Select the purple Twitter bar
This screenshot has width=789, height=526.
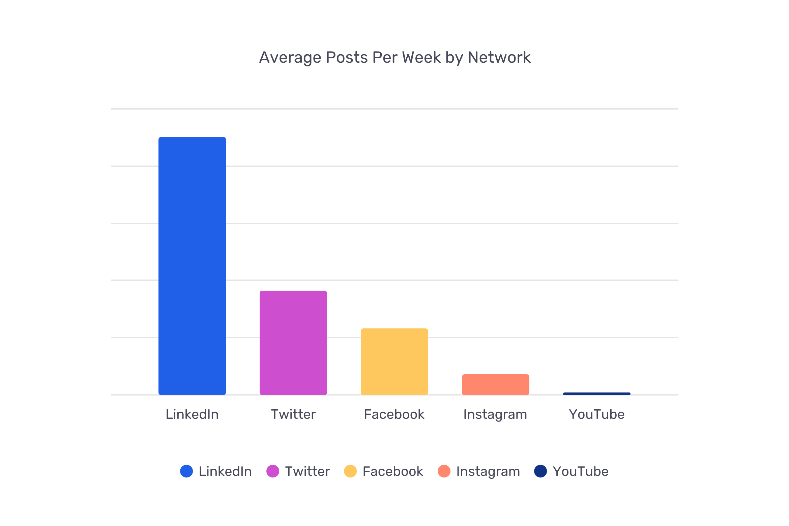(293, 343)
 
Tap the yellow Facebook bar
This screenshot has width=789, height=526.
(394, 361)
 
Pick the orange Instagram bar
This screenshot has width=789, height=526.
(496, 384)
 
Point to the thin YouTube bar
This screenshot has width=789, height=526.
(597, 393)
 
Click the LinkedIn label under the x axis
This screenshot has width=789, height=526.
(192, 414)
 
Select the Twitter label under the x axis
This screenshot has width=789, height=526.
(293, 414)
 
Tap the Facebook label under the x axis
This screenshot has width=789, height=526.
(394, 414)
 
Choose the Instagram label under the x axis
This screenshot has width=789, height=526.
(495, 414)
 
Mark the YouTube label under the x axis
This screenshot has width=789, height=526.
(597, 414)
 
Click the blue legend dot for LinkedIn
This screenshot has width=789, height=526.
(186, 471)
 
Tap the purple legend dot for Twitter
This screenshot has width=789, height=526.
(273, 471)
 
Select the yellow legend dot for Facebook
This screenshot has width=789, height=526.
(350, 471)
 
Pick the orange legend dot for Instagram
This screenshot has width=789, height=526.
(444, 471)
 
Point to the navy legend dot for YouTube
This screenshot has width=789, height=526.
(540, 471)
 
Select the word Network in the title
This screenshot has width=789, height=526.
(499, 57)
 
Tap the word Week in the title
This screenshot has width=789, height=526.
(421, 57)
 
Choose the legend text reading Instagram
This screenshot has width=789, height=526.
(488, 471)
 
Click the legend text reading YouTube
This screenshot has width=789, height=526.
(581, 471)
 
